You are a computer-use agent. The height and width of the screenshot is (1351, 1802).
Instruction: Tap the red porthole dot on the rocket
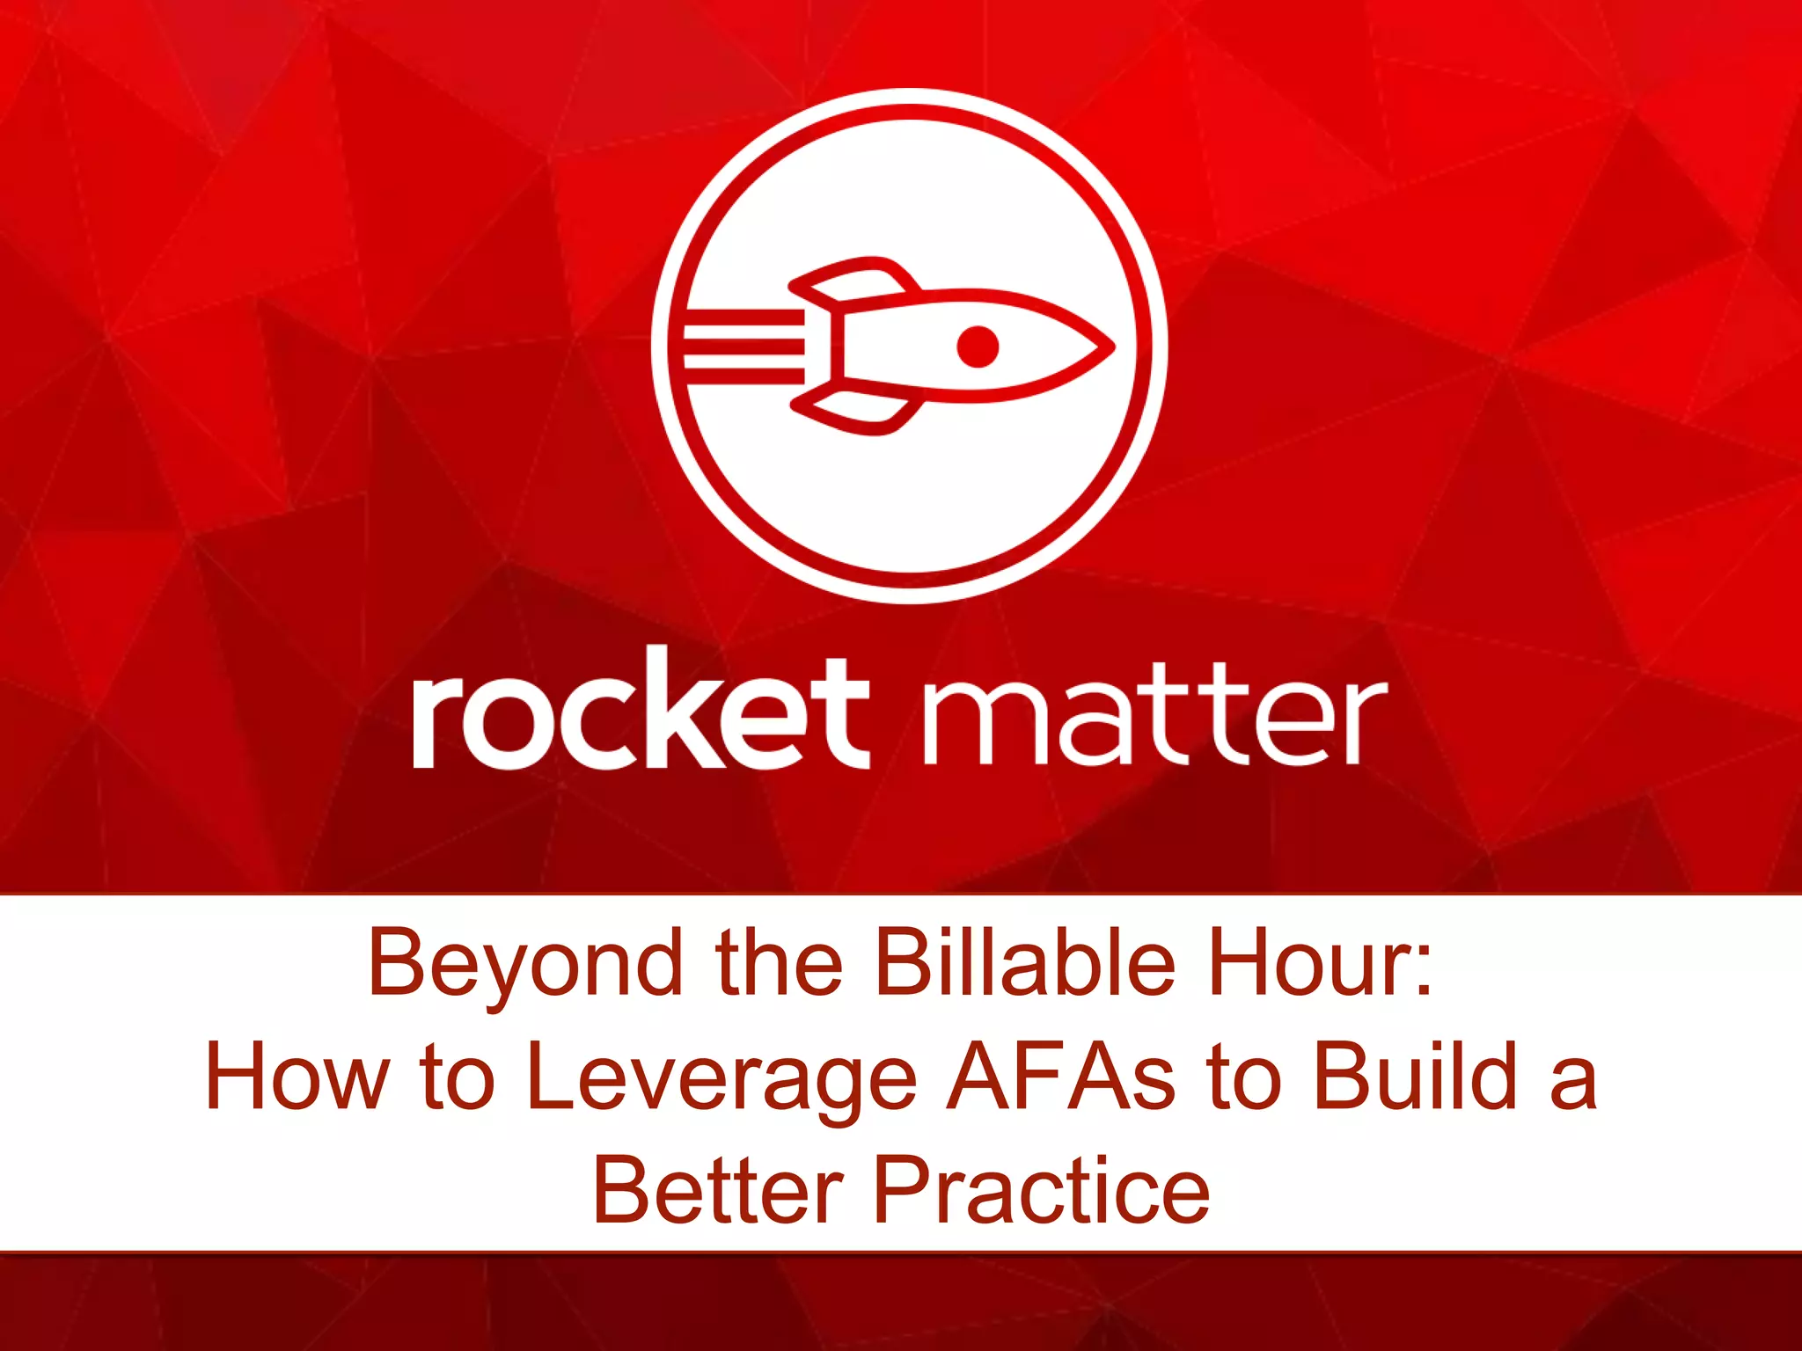(978, 346)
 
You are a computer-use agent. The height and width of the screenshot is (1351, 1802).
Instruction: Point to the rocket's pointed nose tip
(1110, 347)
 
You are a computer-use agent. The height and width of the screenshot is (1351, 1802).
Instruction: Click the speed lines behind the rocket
(744, 346)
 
